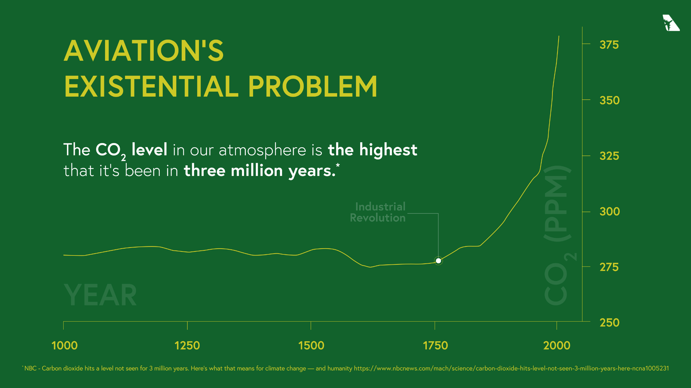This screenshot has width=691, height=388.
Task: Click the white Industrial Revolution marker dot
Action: [438, 261]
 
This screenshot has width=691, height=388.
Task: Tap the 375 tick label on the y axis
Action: [609, 45]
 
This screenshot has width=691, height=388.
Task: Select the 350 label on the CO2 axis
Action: [609, 100]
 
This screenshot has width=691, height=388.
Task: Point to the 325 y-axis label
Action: [609, 156]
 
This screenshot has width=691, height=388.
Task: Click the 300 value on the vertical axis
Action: [609, 212]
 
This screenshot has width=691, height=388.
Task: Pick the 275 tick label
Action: [609, 267]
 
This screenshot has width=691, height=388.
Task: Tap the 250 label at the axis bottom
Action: [609, 323]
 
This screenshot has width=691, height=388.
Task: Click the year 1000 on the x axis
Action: [64, 346]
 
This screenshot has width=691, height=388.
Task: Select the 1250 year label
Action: [187, 346]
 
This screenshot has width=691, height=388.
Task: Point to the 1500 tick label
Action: [311, 346]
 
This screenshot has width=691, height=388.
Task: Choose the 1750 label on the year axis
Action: [435, 346]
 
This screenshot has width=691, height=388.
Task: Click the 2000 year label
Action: [557, 346]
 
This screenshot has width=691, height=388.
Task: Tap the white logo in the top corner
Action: [670, 23]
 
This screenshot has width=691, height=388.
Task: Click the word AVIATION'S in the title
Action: [144, 51]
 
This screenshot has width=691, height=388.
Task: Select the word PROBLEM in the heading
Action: [312, 87]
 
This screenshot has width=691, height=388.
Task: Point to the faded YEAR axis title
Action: [100, 295]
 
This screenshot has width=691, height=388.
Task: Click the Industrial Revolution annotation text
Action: [378, 212]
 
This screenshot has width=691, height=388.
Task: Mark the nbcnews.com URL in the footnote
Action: [511, 368]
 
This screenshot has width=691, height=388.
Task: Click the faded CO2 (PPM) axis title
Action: [558, 235]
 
